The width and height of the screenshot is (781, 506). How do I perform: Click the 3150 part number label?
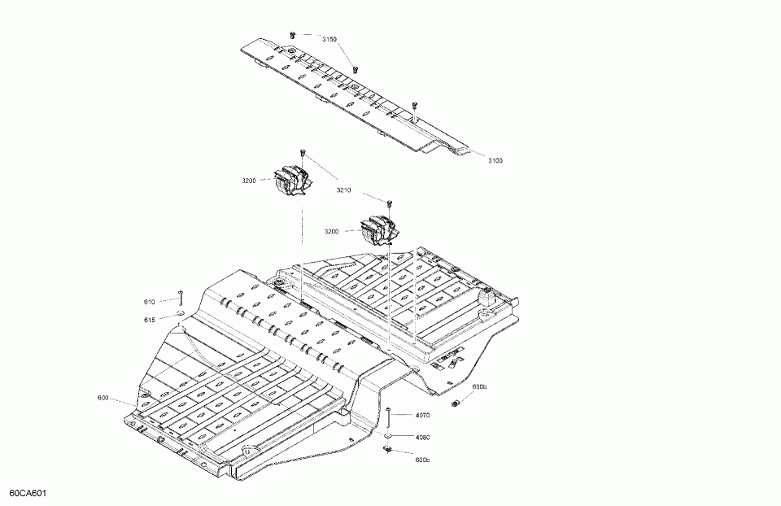coord(329,39)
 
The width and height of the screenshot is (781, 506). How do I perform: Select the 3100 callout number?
coord(495,161)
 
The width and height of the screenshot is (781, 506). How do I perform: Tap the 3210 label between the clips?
coord(343,190)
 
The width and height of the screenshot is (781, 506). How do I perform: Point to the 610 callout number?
coord(150,301)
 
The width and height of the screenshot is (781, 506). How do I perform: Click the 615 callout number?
coord(150,320)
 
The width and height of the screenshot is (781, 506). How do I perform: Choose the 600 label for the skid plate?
coord(103,398)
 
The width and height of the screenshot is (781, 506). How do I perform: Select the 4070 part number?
coord(422,416)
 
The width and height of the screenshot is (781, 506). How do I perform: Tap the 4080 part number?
coord(422,438)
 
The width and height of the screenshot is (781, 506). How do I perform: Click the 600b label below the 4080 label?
coord(421,460)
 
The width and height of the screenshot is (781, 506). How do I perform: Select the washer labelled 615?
coord(178,313)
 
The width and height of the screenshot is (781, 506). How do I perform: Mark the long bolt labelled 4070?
coord(390,417)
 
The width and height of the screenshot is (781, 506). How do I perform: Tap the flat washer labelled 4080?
coord(390,436)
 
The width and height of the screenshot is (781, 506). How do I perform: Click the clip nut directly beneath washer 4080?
coord(390,449)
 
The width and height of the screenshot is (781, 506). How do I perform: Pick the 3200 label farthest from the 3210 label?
coord(249,181)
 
